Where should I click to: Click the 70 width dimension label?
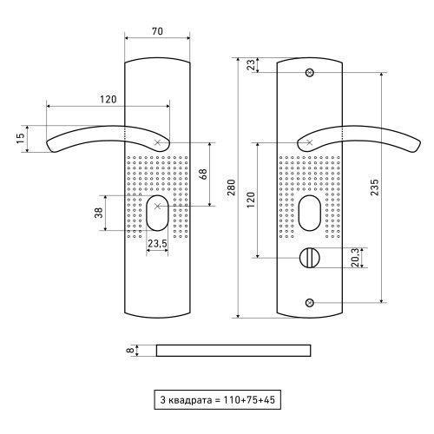[x=157, y=31]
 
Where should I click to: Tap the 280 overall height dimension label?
[x=231, y=187]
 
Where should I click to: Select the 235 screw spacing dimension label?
[x=374, y=187]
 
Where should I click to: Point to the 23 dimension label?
[x=252, y=65]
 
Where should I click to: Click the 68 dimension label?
[x=203, y=174]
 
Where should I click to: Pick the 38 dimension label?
[x=99, y=213]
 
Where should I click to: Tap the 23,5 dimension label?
[x=158, y=244]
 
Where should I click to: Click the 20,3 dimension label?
[x=356, y=258]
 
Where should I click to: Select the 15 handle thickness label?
[x=21, y=139]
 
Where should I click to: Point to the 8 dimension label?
[x=131, y=351]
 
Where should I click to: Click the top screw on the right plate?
[x=310, y=72]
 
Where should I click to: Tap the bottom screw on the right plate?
[x=310, y=303]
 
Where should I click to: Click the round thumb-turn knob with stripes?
[x=310, y=258]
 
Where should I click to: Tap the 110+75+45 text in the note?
[x=249, y=400]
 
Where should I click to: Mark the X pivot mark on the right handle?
[x=310, y=142]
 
